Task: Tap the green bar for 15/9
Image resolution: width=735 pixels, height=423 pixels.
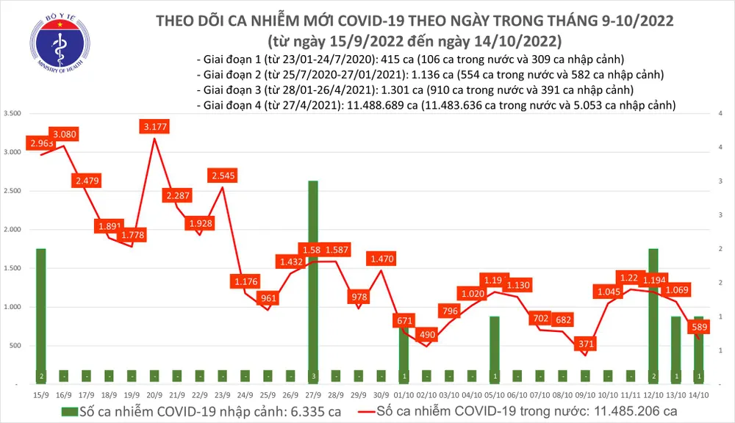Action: pyautogui.click(x=41, y=316)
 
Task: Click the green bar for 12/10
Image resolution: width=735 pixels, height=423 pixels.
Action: pyautogui.click(x=653, y=316)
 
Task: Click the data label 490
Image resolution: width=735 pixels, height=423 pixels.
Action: pyautogui.click(x=426, y=335)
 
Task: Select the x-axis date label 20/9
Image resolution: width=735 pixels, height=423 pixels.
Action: pyautogui.click(x=154, y=395)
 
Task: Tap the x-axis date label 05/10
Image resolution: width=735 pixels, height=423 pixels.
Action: pyautogui.click(x=495, y=395)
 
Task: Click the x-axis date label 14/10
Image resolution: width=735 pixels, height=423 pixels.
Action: pyautogui.click(x=700, y=395)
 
